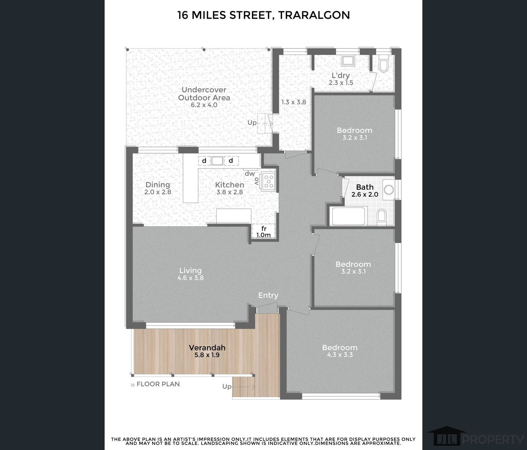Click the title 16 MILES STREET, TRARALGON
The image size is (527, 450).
263,15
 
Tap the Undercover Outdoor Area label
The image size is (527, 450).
204,97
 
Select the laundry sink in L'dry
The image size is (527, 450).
348,61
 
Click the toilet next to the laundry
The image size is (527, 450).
384,64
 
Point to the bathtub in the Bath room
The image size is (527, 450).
348,216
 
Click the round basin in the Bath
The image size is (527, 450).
389,190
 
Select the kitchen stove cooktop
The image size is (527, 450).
269,181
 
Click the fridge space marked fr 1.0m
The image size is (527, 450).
263,231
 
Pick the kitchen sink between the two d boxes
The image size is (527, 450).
217,161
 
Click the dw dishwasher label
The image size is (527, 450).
250,174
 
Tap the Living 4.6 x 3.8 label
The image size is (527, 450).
191,273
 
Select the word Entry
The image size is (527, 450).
268,295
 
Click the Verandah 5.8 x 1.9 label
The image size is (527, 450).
207,351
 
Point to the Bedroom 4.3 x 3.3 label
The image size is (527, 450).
340,351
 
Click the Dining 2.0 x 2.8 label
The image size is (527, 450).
158,188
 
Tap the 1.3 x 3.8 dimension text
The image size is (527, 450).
294,102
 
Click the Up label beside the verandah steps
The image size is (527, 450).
227,387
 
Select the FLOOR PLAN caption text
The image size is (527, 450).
155,384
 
